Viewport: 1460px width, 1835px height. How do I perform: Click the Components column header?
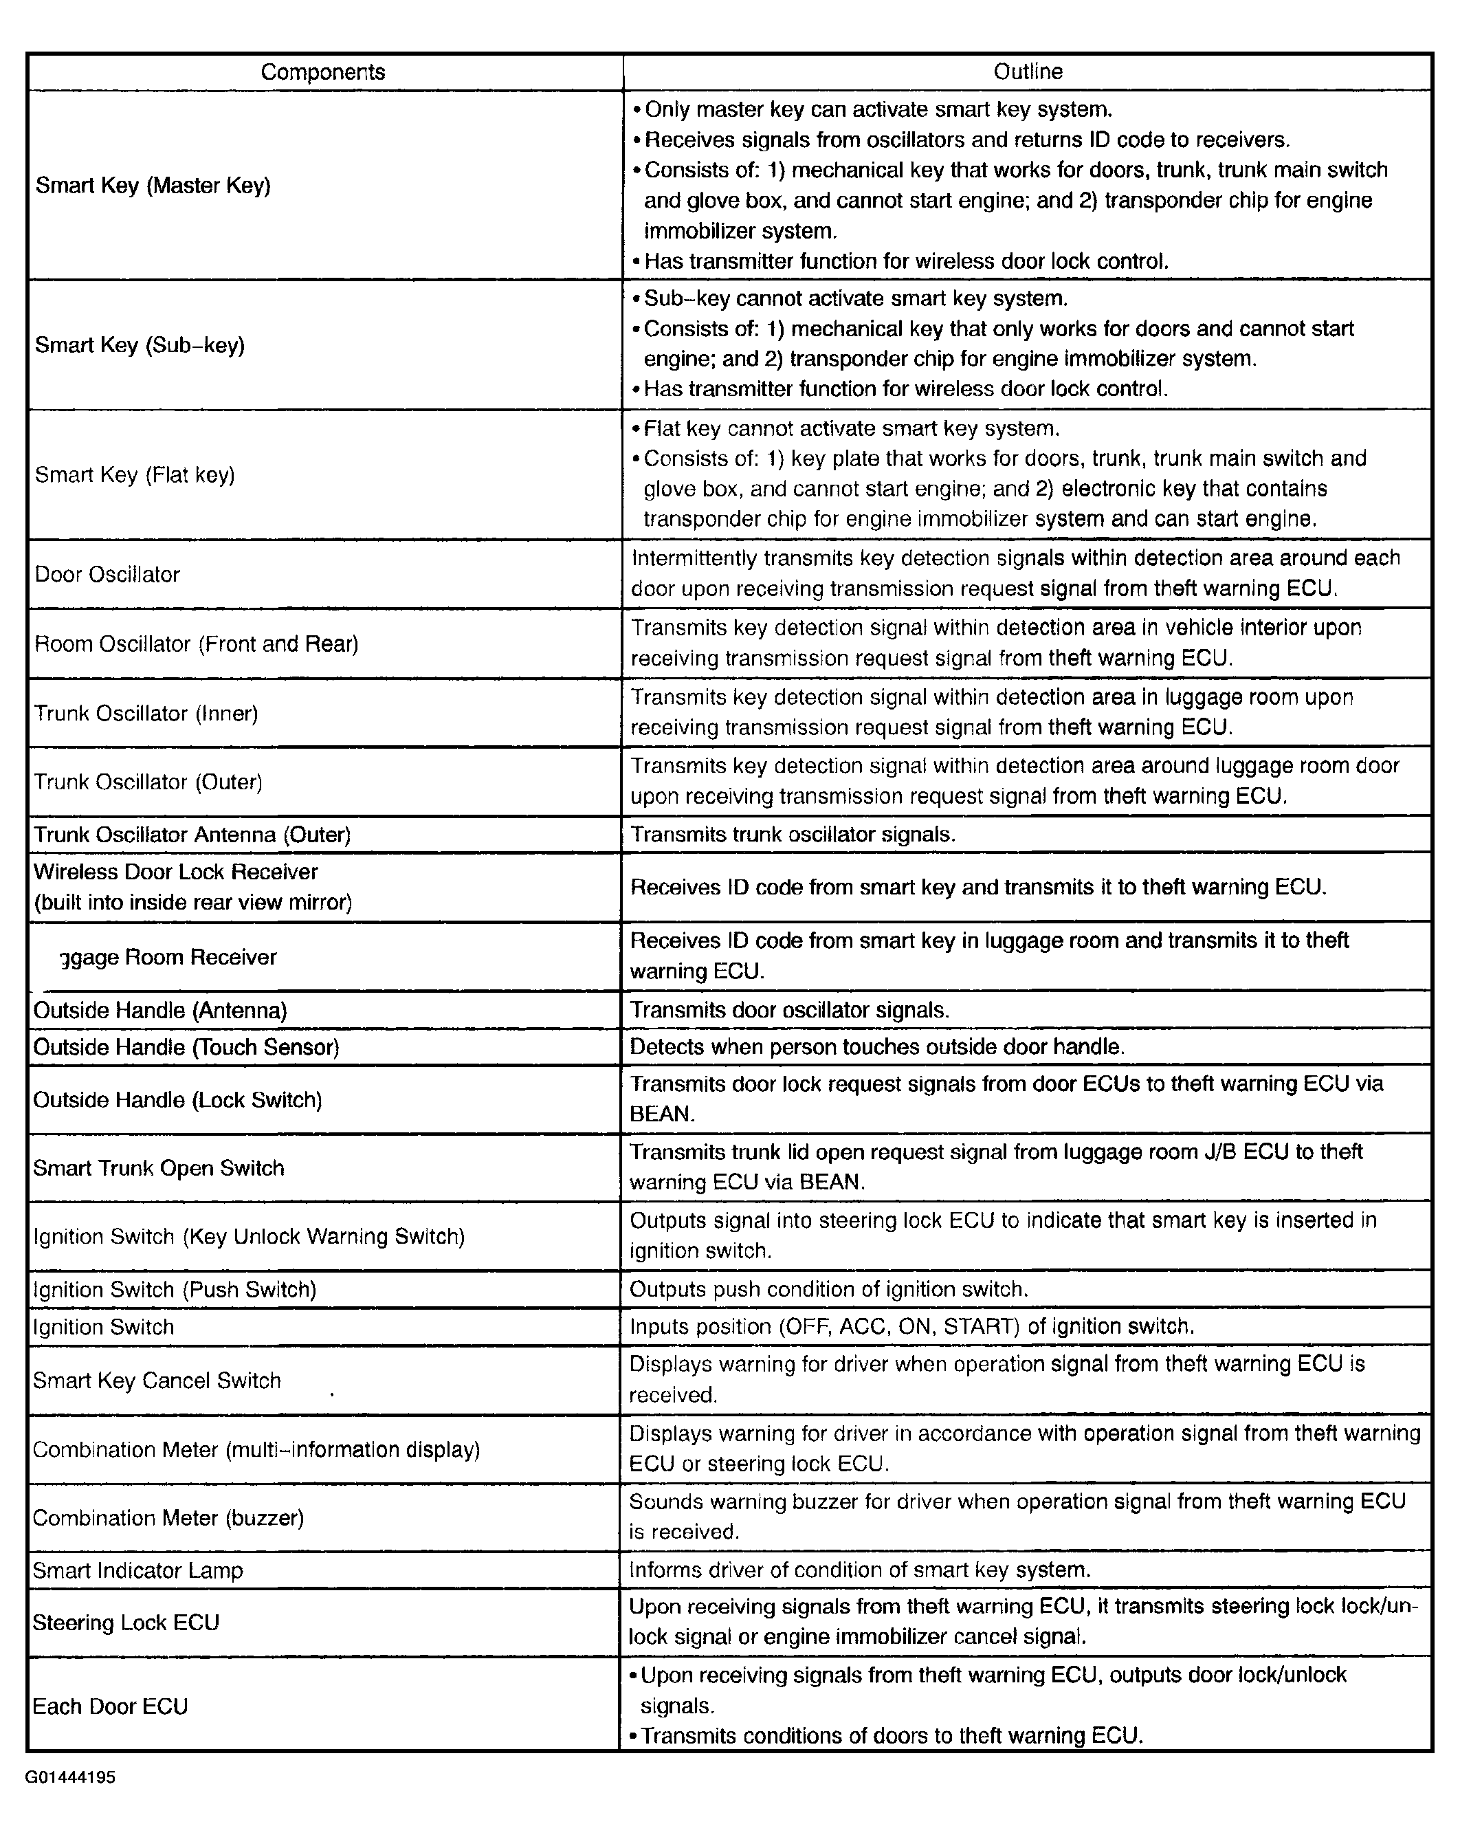point(322,72)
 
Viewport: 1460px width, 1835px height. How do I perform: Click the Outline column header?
point(1028,72)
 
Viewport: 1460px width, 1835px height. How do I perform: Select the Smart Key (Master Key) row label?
point(153,186)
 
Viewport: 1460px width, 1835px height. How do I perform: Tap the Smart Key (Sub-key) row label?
point(140,344)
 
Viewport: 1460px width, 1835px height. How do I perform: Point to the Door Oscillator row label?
point(107,575)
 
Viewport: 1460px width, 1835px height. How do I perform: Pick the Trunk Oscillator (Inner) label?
point(146,713)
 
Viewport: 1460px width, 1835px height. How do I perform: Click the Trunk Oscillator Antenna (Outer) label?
point(192,835)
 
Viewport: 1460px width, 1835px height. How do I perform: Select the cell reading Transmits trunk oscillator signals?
point(793,835)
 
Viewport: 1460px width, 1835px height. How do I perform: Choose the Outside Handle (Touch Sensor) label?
point(186,1048)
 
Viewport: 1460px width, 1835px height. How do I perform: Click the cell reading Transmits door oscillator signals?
point(790,1010)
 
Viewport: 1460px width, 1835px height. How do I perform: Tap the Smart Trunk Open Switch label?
point(159,1167)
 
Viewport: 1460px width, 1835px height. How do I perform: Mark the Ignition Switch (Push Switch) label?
point(175,1289)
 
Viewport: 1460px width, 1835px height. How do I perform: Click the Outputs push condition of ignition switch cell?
point(829,1289)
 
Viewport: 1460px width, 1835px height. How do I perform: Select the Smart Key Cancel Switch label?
point(157,1381)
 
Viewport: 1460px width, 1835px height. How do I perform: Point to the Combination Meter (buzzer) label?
point(168,1517)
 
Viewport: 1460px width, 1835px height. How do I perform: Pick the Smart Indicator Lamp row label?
point(138,1570)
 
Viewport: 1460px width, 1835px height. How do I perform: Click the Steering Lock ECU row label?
point(126,1623)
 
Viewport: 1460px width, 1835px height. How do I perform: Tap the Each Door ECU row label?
point(111,1706)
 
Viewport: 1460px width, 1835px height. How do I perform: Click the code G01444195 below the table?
point(71,1777)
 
